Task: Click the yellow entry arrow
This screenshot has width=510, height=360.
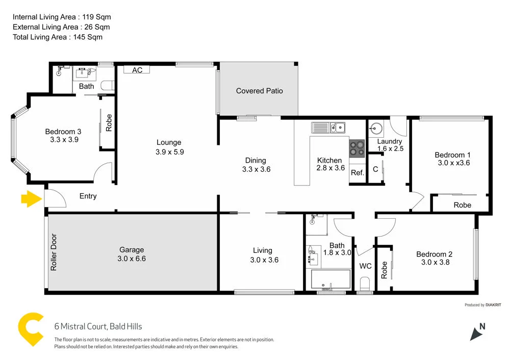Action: pyautogui.click(x=31, y=199)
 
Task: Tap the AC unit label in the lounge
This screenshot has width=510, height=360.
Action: pyautogui.click(x=137, y=70)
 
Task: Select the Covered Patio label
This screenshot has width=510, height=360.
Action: pyautogui.click(x=259, y=91)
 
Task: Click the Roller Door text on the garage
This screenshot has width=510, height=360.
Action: pyautogui.click(x=54, y=252)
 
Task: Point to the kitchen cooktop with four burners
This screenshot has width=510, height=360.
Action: pyautogui.click(x=356, y=147)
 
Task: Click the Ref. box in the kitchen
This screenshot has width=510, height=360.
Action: pyautogui.click(x=357, y=173)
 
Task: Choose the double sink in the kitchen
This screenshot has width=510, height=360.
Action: pyautogui.click(x=329, y=127)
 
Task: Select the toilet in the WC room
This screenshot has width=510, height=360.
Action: pyautogui.click(x=364, y=283)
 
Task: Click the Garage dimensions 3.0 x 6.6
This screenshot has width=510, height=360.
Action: pyautogui.click(x=132, y=259)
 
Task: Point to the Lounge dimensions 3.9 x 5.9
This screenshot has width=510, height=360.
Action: pyautogui.click(x=169, y=151)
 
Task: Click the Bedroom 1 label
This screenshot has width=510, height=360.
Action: pyautogui.click(x=449, y=155)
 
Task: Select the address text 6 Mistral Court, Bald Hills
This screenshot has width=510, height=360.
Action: pyautogui.click(x=98, y=326)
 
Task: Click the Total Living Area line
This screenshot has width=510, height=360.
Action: pyautogui.click(x=57, y=37)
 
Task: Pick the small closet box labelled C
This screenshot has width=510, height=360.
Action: pyautogui.click(x=375, y=169)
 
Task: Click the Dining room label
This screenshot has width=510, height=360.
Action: pyautogui.click(x=256, y=161)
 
